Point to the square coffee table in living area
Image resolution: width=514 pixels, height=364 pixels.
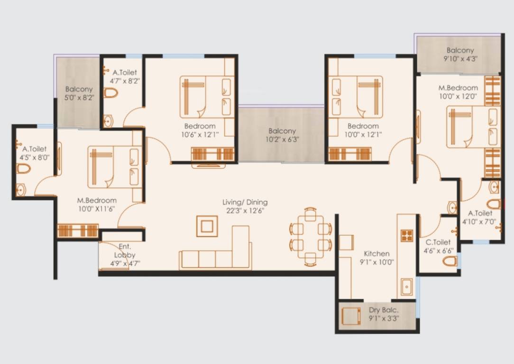(207, 226)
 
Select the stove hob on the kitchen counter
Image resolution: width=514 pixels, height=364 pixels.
(407, 235)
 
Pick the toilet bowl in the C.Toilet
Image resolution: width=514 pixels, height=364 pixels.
(450, 261)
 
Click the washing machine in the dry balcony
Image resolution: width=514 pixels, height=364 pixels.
(350, 315)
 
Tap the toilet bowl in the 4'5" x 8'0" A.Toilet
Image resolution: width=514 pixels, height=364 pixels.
(23, 169)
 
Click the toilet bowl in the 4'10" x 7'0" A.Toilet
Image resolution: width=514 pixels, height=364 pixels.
(493, 204)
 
